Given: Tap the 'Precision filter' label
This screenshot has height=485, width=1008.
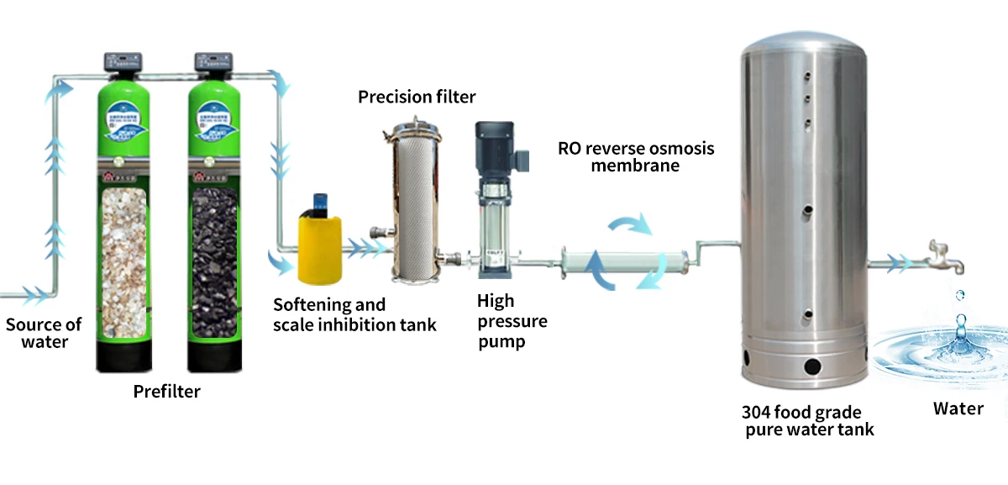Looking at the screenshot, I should pos(417,97).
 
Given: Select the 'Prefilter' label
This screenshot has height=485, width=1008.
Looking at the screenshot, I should pos(167,391).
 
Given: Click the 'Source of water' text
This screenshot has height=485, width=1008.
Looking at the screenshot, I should pos(44,333).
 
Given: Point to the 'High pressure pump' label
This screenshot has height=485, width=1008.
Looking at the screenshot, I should pos(512,321).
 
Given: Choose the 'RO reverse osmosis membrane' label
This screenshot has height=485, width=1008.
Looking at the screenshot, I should pos(636,156).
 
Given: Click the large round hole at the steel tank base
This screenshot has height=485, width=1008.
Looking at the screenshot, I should pos(811,366).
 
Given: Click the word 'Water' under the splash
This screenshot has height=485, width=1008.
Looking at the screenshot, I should pos(958,409).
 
